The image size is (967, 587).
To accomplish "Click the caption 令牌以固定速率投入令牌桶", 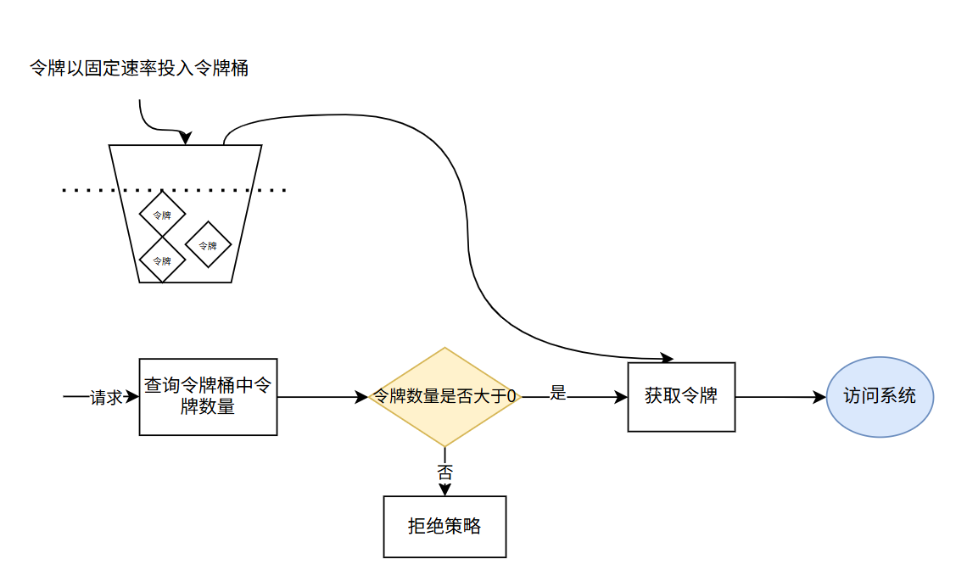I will click(139, 69).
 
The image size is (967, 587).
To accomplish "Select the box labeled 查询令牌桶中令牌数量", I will click(208, 396).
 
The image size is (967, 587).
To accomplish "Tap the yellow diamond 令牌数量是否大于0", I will click(444, 396).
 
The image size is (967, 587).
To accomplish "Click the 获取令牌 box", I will click(681, 396).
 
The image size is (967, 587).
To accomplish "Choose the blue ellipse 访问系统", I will click(880, 396).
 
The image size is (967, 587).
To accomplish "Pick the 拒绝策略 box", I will click(444, 526).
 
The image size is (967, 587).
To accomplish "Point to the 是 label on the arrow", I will click(557, 393).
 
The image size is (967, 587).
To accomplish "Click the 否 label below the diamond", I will click(444, 472).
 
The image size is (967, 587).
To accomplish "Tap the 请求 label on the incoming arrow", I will click(107, 397).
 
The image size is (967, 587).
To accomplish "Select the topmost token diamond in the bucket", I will click(162, 214).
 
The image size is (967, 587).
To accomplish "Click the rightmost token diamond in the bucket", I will click(208, 245).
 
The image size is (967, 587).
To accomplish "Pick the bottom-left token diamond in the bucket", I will click(162, 260).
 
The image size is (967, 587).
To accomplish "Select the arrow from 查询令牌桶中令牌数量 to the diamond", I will click(318, 396).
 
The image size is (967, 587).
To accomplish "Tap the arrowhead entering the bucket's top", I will click(187, 138).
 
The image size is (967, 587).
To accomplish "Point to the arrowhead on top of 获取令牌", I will click(666, 358).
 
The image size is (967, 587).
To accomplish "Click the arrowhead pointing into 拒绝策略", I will click(444, 489).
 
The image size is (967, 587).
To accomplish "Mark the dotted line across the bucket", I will click(85, 190).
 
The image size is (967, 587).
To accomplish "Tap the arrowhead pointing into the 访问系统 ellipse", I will click(819, 396).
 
